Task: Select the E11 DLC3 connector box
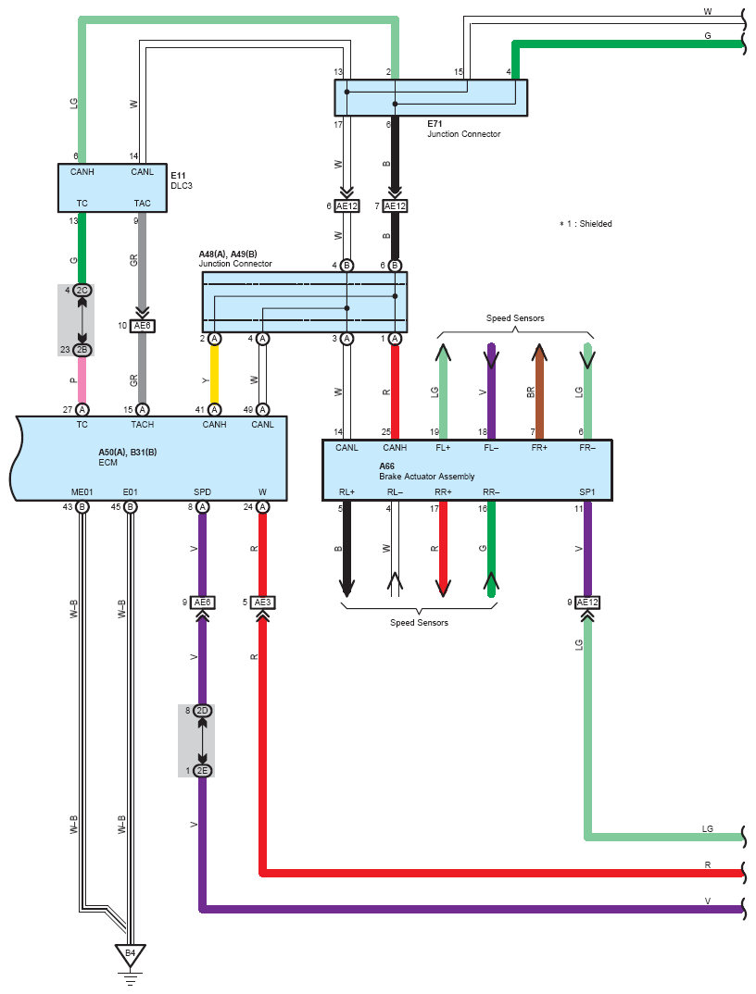112,188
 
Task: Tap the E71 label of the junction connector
435,124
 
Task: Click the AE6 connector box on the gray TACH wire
142,326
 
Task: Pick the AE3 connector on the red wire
263,603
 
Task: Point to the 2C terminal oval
82,291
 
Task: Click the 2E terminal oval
203,771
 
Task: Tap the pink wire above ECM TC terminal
82,379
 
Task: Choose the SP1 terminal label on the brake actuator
587,492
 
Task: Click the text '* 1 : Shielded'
586,224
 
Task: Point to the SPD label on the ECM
203,492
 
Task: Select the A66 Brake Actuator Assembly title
426,471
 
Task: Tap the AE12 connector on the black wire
395,206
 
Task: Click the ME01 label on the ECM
82,492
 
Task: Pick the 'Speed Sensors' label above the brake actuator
515,318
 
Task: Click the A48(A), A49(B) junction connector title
235,258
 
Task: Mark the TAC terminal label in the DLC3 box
142,204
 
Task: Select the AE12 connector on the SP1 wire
587,603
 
